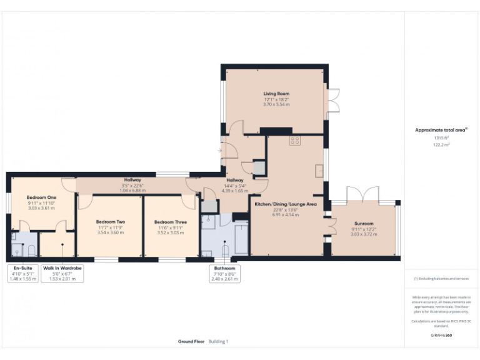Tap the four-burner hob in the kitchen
pos(295,141)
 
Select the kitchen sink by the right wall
pos(320,169)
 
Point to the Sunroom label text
pos(363,223)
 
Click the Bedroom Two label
pos(111,222)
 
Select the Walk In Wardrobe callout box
pos(62,273)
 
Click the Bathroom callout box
pos(224,273)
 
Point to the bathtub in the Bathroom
pos(241,238)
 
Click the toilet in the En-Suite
pos(31,251)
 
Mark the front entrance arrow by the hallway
pos(220,151)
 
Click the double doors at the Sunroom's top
pos(363,194)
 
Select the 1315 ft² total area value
pos(442,137)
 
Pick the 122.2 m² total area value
pos(442,144)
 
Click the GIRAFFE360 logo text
pos(442,336)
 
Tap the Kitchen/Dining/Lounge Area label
pos(285,204)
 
